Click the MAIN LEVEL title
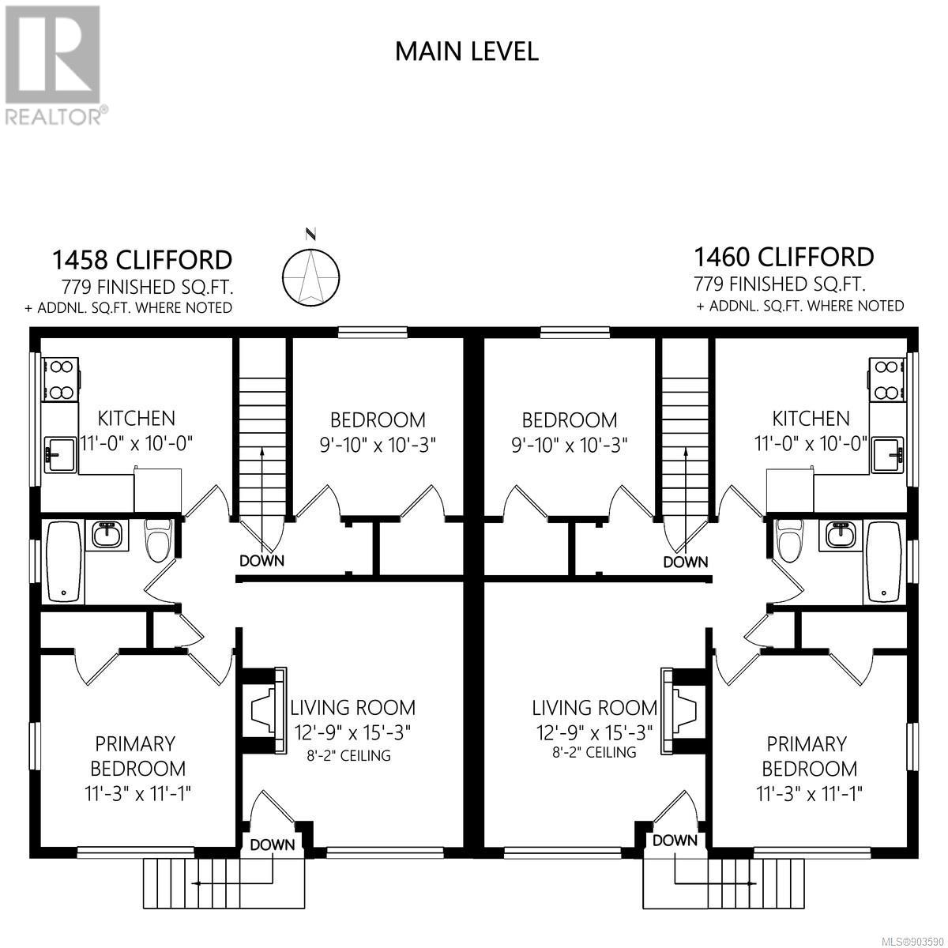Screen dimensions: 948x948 tap(466, 51)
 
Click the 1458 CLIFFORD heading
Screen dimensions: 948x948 tap(142, 260)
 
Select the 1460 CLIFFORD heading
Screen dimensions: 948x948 tap(784, 257)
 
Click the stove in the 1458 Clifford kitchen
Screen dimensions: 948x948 tap(61, 380)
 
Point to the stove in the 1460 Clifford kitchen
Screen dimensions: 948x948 tap(886, 380)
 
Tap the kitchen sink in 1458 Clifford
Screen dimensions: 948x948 tap(60, 455)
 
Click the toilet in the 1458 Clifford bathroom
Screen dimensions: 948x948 tap(157, 540)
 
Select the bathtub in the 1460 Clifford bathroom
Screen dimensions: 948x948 tap(883, 562)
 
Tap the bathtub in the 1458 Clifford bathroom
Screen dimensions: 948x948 tap(65, 562)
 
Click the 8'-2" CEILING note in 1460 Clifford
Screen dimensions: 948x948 tap(594, 752)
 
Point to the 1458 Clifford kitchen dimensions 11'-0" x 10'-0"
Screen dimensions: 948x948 tap(136, 443)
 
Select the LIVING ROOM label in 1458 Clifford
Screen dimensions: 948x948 tap(352, 707)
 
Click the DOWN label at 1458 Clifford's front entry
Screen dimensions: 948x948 tap(272, 845)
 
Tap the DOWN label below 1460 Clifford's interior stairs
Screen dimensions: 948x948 tap(685, 562)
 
